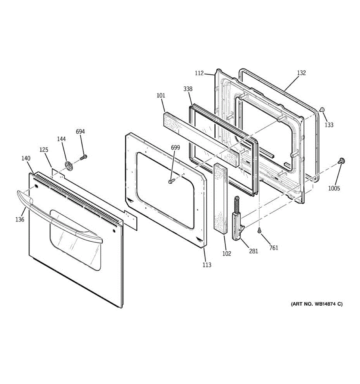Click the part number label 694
80,132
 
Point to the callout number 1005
334,188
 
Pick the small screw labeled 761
259,230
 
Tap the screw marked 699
171,182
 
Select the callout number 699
175,148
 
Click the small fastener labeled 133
322,110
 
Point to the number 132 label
301,73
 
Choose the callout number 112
199,73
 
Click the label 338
188,89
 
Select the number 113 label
207,265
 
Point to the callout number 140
26,158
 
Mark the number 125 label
44,149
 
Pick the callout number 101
161,95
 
